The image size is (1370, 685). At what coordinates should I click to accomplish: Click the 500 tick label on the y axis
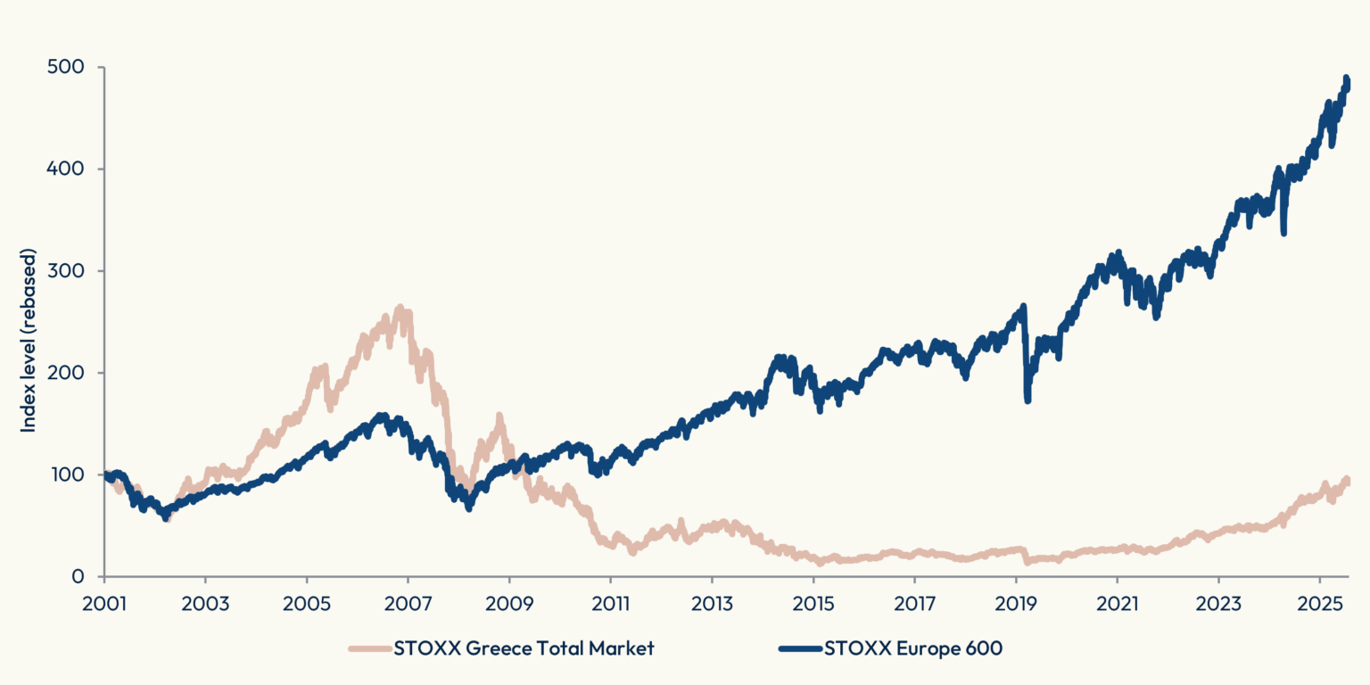tap(65, 67)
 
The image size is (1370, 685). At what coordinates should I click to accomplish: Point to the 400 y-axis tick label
tap(65, 169)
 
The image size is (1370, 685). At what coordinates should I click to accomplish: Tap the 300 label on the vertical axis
tap(65, 270)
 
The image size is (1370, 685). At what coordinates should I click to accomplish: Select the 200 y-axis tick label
tap(65, 373)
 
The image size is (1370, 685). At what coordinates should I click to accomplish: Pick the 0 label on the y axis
tap(78, 576)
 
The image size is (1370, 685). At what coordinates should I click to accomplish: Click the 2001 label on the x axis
tap(104, 604)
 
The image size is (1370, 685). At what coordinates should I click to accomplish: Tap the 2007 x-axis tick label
tap(408, 604)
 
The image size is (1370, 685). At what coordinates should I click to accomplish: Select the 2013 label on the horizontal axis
tap(712, 604)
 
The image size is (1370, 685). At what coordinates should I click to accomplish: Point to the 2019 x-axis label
tap(1016, 604)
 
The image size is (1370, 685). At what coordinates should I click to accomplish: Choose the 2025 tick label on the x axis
tap(1320, 604)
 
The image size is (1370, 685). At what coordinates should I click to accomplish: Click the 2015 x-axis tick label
tap(813, 604)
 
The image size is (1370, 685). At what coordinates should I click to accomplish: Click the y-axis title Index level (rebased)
tap(29, 340)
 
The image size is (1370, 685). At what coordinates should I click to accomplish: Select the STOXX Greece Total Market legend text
tap(524, 648)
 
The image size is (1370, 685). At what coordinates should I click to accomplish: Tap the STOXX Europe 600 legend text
tap(913, 648)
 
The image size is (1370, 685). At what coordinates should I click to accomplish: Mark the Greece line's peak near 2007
tap(400, 307)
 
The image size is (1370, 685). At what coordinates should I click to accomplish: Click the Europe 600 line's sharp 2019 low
tap(1027, 400)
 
